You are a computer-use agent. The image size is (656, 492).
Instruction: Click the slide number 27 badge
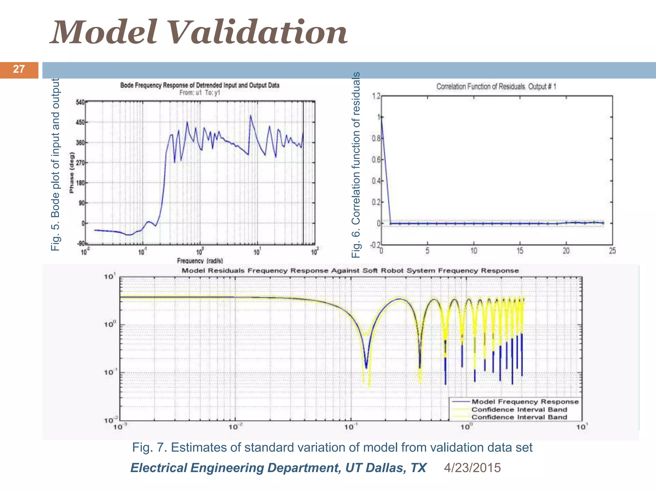[x=19, y=70]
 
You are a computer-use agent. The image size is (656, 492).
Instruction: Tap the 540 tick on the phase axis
[x=80, y=102]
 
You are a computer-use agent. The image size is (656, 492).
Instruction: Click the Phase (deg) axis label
[x=71, y=173]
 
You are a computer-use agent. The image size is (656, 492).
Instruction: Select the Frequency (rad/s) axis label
[x=200, y=261]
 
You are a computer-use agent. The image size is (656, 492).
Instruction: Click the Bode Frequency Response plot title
[x=200, y=85]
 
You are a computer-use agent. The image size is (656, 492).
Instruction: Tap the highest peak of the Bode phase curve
[x=250, y=116]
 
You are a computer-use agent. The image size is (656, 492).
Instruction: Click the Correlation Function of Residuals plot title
[x=496, y=86]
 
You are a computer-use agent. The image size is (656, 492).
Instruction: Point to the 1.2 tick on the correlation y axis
[x=376, y=96]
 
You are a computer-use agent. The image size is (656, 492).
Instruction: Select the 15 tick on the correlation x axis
[x=520, y=251]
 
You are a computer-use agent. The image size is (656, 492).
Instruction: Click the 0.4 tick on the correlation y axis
[x=376, y=181]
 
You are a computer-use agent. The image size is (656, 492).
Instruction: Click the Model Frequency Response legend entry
[x=525, y=402]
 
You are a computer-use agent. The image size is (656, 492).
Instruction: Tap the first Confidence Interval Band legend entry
[x=519, y=410]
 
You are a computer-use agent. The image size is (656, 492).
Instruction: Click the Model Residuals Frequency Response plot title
[x=350, y=271]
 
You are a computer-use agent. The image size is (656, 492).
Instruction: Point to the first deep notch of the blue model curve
[x=366, y=367]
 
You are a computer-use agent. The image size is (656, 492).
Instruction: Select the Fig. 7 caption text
[x=332, y=447]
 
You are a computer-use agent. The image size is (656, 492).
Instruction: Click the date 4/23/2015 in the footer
[x=472, y=468]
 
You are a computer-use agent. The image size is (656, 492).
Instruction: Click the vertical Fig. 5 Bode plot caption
[x=55, y=164]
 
